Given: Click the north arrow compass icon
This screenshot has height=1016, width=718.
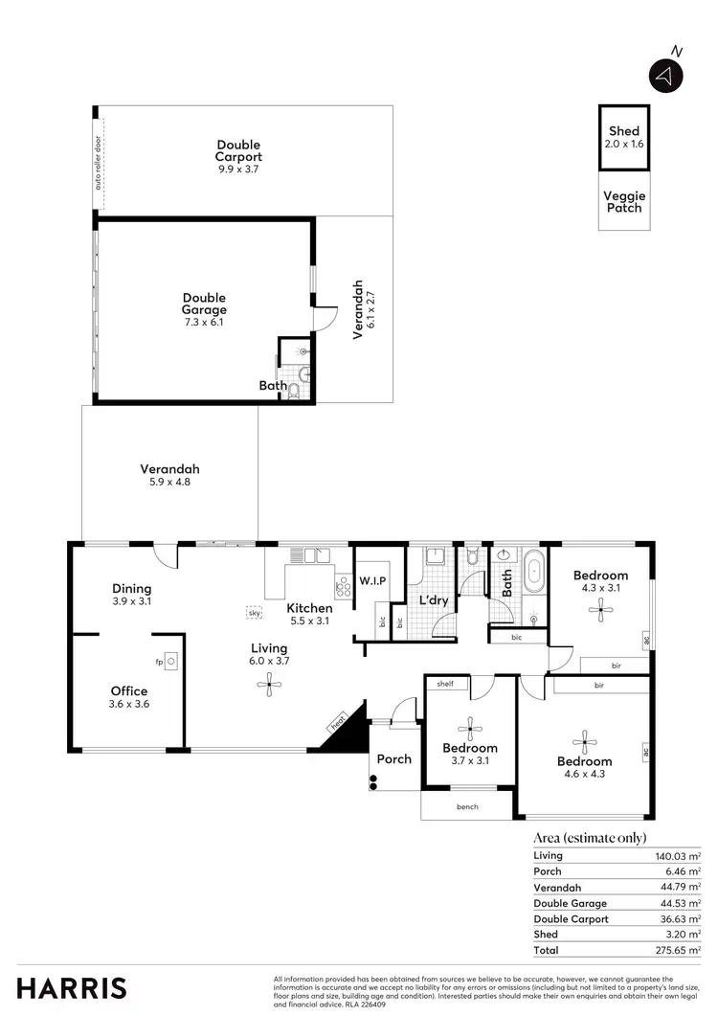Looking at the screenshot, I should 666,75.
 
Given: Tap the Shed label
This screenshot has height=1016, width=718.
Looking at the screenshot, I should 623,131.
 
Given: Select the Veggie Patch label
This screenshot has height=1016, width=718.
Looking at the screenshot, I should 623,201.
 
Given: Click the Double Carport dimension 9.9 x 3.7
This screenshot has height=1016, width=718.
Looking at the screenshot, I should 238,169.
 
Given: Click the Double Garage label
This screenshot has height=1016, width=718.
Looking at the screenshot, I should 204,304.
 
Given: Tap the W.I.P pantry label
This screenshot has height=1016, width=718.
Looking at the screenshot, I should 371,580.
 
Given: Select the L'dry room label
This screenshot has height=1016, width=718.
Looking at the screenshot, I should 434,600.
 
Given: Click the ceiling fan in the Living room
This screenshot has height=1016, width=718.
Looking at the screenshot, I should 269,681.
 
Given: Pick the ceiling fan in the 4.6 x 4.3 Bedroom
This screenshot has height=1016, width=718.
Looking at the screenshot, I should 584,739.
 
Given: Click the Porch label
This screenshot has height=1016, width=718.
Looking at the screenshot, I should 393,759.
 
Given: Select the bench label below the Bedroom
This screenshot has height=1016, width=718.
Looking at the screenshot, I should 467,807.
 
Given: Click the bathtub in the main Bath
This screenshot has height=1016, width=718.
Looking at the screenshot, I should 533,579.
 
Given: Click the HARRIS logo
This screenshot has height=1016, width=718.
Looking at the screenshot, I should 72,987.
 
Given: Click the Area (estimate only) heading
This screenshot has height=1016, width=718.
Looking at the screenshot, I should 589,837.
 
